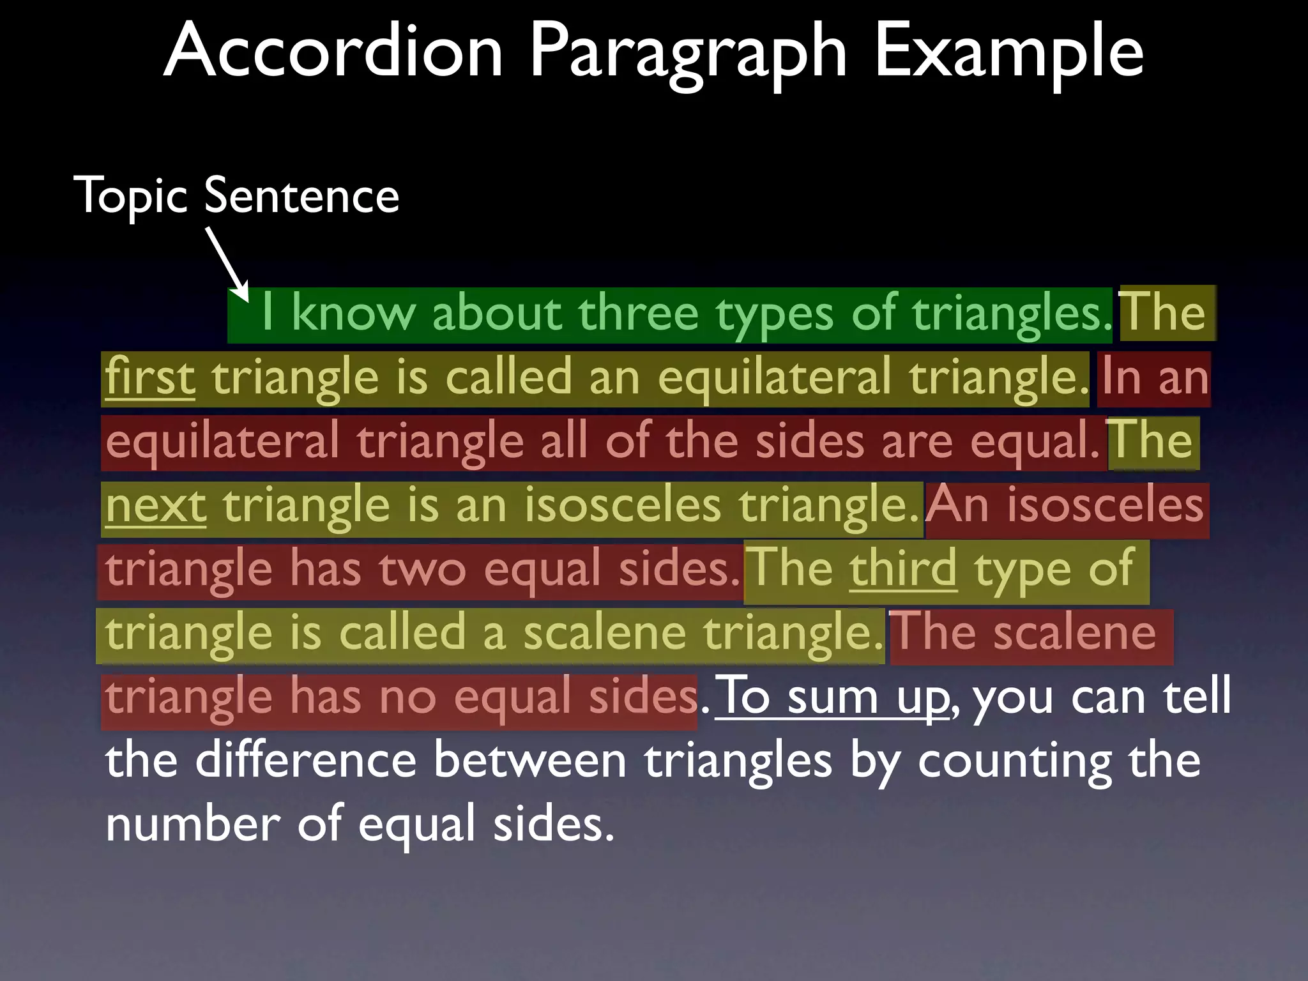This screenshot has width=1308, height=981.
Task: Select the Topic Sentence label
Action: pyautogui.click(x=236, y=195)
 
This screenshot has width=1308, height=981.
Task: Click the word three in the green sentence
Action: pyautogui.click(x=638, y=313)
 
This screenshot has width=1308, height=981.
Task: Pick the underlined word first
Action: pyautogui.click(x=150, y=377)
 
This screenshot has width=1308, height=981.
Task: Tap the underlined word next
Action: pyautogui.click(x=156, y=505)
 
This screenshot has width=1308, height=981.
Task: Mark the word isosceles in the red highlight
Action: pyautogui.click(x=1106, y=505)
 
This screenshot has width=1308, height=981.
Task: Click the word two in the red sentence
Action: pyautogui.click(x=422, y=568)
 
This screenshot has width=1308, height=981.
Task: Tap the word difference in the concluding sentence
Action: pyautogui.click(x=306, y=760)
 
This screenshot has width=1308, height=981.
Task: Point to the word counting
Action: pyautogui.click(x=1015, y=760)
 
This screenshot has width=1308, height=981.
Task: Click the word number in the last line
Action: pyautogui.click(x=192, y=824)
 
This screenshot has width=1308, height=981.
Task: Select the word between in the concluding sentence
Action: pyautogui.click(x=530, y=760)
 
